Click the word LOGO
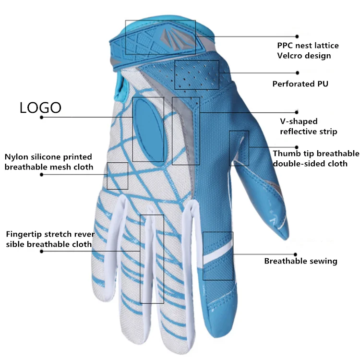pos(40,108)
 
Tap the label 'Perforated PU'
pos(300,84)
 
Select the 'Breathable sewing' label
pos(300,261)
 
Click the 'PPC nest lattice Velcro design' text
pos(308,50)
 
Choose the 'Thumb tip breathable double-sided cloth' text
pos(316,158)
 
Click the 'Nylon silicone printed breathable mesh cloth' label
pos(48,162)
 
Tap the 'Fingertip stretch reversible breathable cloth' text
pos(50,239)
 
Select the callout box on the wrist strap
pos(160,37)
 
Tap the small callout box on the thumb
pos(239,148)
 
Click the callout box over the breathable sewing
pos(218,256)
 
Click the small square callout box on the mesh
pos(117,176)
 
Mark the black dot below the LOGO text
pos(42,117)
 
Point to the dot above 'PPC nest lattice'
pos(297,36)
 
